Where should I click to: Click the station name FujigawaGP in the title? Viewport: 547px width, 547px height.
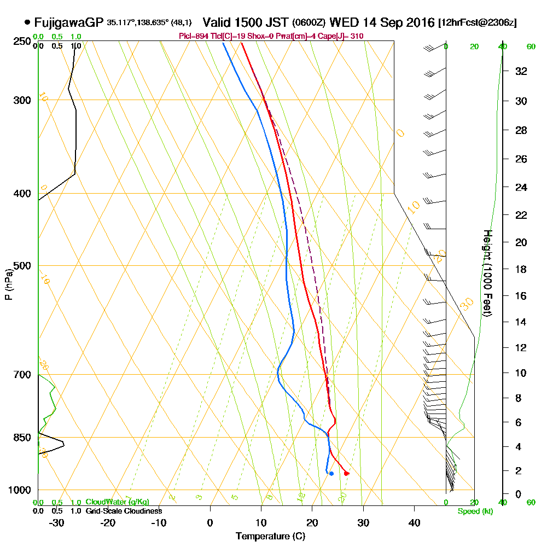(x=68, y=22)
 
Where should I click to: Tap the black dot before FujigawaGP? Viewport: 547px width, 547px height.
(x=27, y=22)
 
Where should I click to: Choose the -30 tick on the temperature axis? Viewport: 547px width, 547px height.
(x=57, y=522)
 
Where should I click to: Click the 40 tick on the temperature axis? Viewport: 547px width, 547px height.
(x=414, y=522)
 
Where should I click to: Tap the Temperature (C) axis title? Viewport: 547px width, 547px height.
(x=270, y=537)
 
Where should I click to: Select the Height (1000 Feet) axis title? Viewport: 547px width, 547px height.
(x=486, y=273)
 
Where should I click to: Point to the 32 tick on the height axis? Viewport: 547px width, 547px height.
(x=521, y=71)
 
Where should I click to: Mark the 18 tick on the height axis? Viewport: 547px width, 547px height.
(x=521, y=269)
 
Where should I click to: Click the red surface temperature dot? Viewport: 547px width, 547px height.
(x=346, y=473)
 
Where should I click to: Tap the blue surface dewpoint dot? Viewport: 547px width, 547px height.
(x=331, y=473)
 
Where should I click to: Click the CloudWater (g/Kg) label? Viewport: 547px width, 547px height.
(x=117, y=502)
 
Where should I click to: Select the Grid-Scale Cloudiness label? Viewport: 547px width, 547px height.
(x=123, y=511)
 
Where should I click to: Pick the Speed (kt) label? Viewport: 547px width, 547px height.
(x=474, y=511)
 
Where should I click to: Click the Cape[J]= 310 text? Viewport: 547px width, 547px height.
(x=345, y=36)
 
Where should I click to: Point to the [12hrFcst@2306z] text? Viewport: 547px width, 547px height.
(x=478, y=22)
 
